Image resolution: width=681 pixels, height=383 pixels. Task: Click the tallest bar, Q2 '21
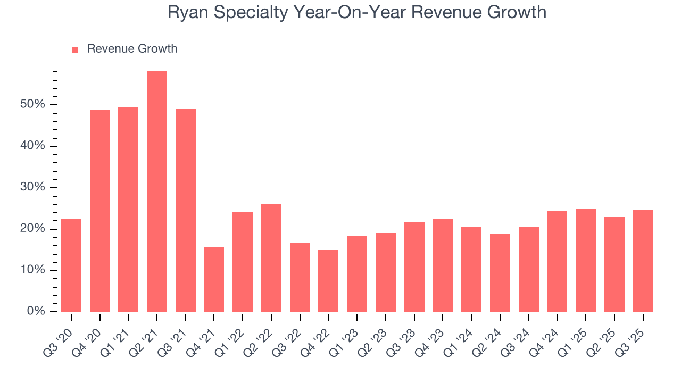pos(157,191)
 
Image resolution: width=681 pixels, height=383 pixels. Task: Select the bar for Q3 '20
pos(71,265)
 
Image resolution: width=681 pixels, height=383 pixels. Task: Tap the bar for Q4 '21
pos(214,279)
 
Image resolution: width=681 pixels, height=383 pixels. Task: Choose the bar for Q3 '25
pos(643,261)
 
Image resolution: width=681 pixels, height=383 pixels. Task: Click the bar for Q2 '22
pos(271,258)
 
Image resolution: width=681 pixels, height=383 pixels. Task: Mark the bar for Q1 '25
pos(586,260)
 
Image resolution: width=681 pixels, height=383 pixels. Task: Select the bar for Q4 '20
pos(99,211)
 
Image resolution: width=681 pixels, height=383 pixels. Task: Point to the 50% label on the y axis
pos(32,104)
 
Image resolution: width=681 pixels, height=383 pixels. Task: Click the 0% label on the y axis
pos(35,312)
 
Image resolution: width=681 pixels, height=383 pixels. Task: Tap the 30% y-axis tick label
pos(32,187)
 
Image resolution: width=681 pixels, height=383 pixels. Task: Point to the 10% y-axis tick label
pos(32,270)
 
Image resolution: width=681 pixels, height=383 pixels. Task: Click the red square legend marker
pos(75,49)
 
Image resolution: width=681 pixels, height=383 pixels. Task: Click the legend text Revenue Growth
pos(132,49)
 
